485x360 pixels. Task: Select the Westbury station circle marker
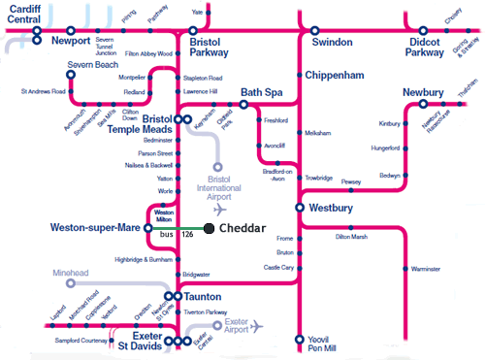click(x=301, y=208)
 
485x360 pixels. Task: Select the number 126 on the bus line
click(x=188, y=235)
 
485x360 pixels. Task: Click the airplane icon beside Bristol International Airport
click(x=220, y=209)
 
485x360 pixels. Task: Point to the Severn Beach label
click(x=91, y=64)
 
